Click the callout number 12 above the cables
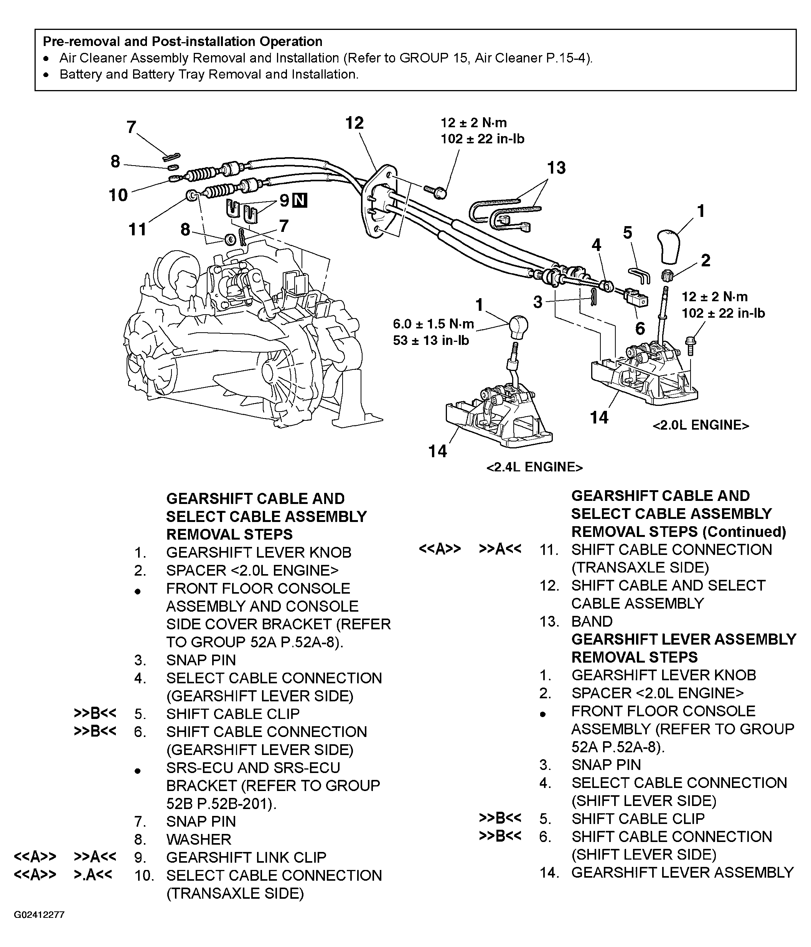click(354, 123)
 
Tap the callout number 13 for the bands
click(556, 168)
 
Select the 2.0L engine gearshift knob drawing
click(669, 247)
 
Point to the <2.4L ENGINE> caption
click(534, 467)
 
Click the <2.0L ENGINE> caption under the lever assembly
click(700, 425)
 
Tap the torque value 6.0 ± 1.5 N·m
click(433, 324)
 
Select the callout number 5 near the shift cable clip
click(627, 233)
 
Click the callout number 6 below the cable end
click(640, 328)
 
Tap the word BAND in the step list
click(592, 621)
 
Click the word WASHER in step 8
click(198, 839)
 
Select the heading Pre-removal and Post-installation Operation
click(183, 42)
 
